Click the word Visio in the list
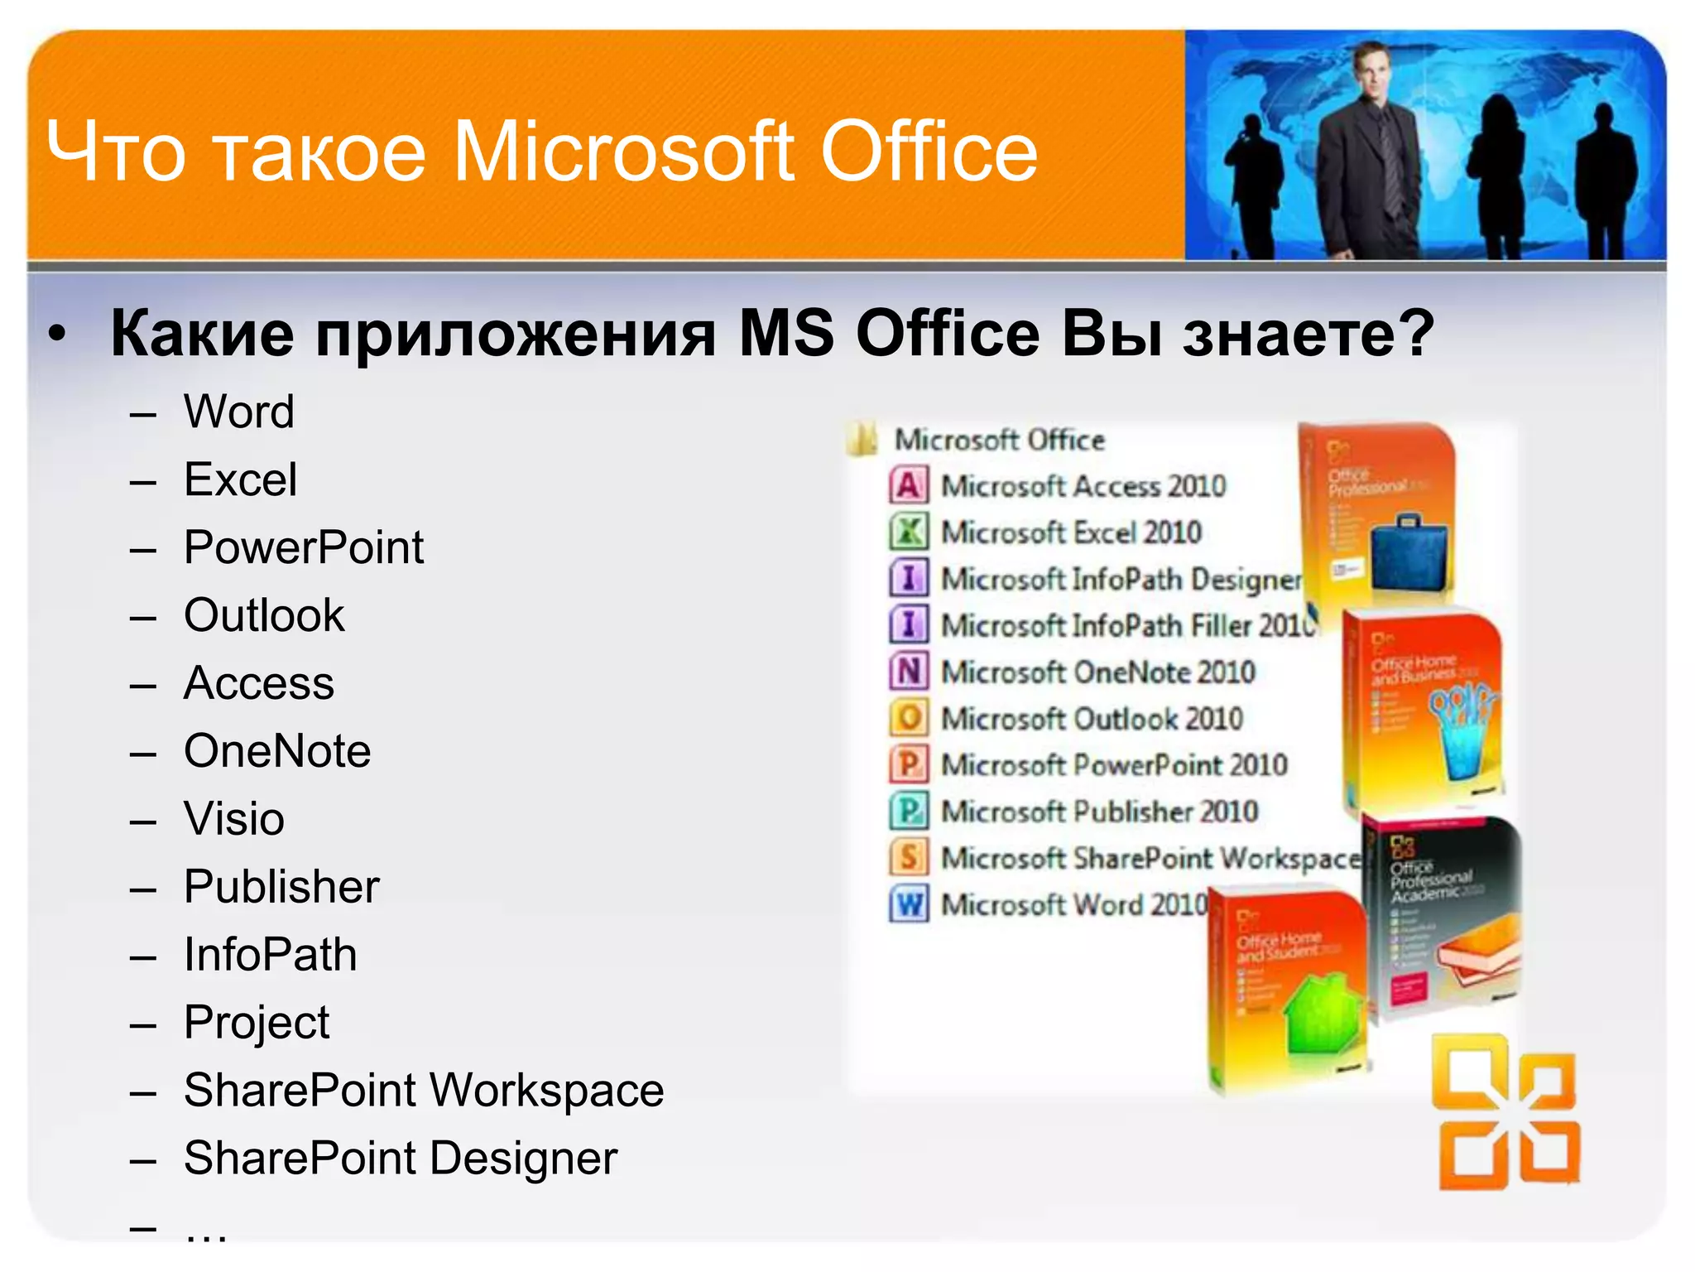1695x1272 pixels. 234,819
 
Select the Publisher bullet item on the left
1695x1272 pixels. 281,887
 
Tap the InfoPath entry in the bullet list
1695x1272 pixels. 270,955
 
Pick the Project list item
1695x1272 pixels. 257,1023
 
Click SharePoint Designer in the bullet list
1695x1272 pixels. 401,1158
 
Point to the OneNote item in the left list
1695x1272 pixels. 277,751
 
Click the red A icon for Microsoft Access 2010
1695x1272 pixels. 909,486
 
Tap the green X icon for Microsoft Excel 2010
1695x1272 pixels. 909,532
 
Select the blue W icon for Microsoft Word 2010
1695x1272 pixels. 909,903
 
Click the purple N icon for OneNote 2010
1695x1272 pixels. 909,672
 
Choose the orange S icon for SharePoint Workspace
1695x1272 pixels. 909,857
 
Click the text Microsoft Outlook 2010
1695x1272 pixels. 1092,719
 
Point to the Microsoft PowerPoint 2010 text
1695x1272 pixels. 1114,765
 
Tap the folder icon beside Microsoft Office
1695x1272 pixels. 862,440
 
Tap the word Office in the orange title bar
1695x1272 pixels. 929,152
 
